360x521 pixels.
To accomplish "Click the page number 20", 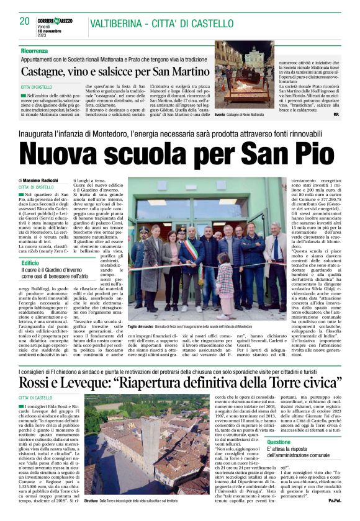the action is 24,21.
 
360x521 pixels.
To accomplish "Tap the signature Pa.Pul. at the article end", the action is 335,516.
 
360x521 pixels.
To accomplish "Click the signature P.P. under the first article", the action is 336,115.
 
